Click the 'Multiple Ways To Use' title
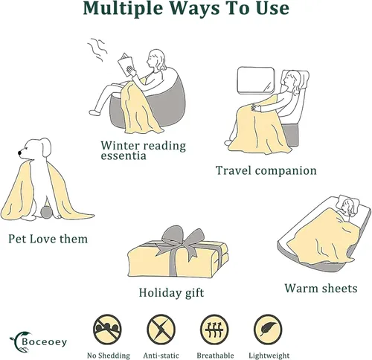[186, 8]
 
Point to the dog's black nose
[19, 152]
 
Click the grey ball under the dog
[46, 213]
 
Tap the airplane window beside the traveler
[256, 80]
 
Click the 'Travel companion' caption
[266, 170]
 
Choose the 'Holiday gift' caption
[171, 292]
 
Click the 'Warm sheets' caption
[321, 288]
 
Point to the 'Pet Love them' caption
[48, 239]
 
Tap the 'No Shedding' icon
[107, 330]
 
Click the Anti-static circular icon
[161, 330]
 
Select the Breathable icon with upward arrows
[214, 330]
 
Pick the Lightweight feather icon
[268, 330]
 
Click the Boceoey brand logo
[38, 342]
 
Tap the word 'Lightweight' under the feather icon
[269, 356]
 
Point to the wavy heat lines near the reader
[97, 50]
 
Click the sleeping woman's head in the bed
[348, 208]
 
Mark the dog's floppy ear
[45, 147]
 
